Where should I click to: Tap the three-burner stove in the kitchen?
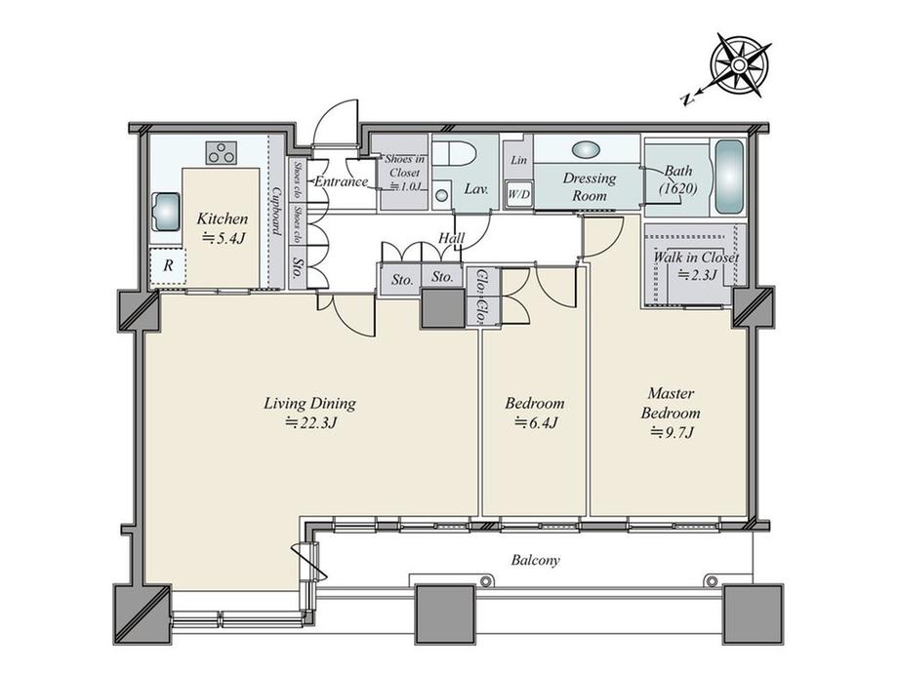(222, 152)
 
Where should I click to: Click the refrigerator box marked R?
(167, 265)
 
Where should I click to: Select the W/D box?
(518, 194)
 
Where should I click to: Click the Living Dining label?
(309, 403)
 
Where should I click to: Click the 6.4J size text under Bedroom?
(535, 422)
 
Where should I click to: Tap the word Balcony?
(535, 561)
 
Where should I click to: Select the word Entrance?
(341, 181)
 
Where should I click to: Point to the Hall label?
(450, 237)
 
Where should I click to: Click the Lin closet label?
(518, 160)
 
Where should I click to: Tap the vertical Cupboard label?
(277, 210)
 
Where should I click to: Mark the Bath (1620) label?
(677, 178)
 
